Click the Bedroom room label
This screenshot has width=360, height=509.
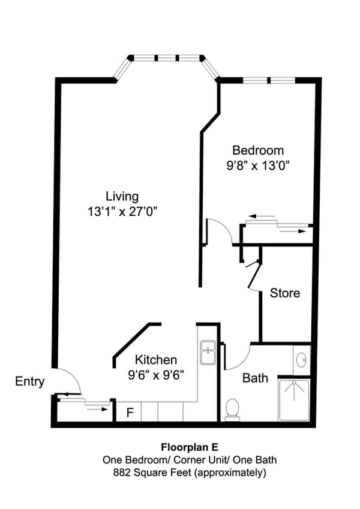(258, 150)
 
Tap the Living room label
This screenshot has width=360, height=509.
(122, 196)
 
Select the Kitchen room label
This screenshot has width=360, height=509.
(155, 360)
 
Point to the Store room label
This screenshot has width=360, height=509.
(284, 293)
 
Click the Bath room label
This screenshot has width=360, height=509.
(255, 378)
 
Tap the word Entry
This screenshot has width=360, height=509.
(29, 381)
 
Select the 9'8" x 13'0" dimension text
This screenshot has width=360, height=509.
(258, 165)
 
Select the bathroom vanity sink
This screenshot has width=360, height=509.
(301, 361)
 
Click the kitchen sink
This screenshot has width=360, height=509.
(208, 353)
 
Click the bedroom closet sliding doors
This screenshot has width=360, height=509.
(277, 224)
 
